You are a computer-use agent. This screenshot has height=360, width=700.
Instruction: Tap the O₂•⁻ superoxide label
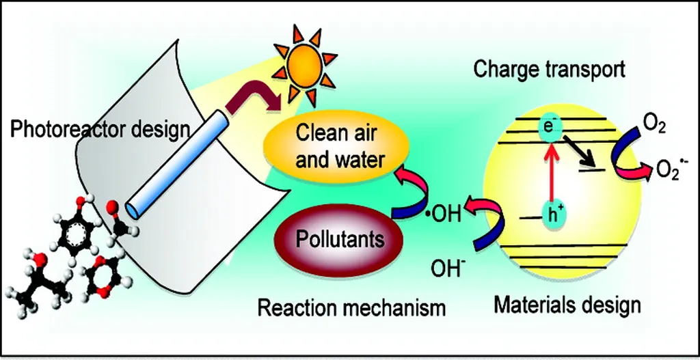(673, 169)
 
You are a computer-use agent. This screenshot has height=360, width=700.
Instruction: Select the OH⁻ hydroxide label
(446, 264)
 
